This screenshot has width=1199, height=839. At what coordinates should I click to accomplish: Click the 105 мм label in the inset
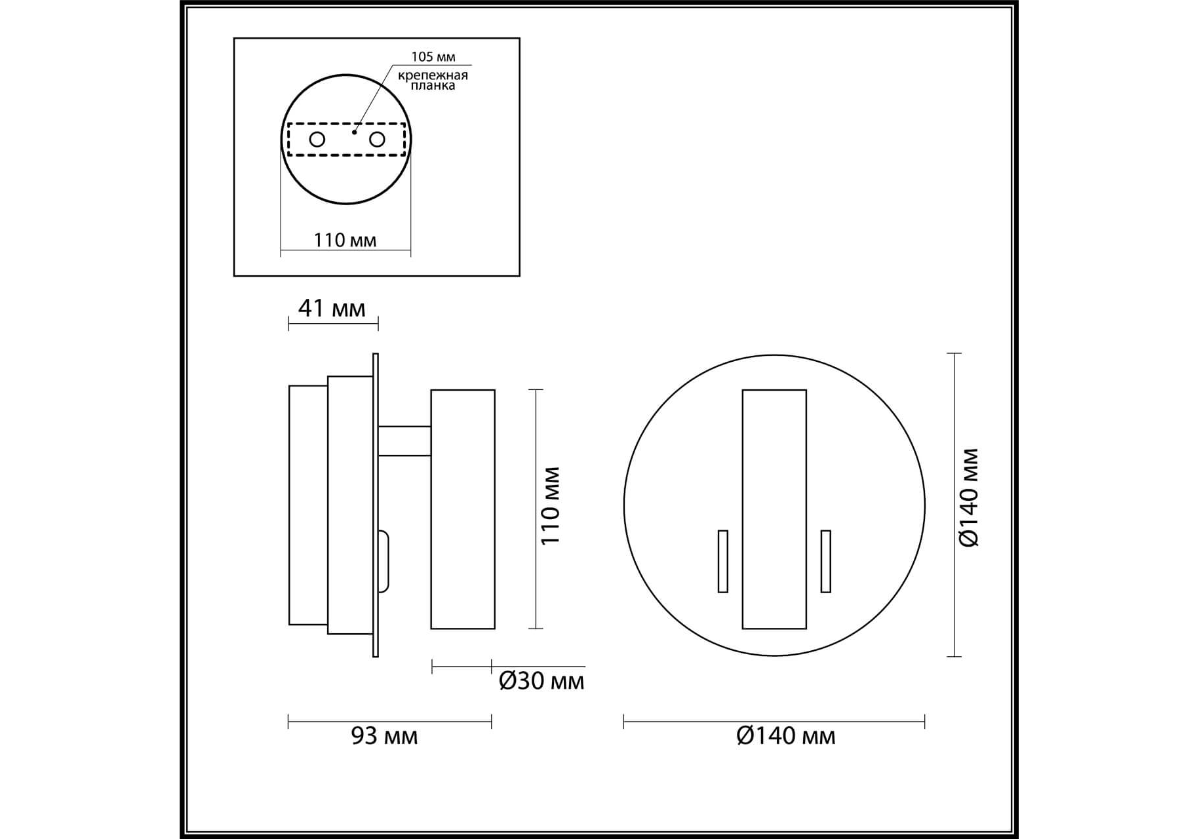[433, 57]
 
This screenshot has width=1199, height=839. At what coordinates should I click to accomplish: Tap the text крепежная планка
[433, 80]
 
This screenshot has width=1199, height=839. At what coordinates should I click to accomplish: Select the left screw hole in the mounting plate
[317, 140]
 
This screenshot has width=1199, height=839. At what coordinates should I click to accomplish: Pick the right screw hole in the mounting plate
[377, 140]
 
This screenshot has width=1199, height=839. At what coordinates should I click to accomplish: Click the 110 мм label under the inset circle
[345, 240]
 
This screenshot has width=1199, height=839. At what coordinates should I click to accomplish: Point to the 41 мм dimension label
[332, 308]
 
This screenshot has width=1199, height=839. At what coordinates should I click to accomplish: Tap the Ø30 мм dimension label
[541, 681]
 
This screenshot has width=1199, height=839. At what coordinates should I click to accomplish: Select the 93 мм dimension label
[384, 736]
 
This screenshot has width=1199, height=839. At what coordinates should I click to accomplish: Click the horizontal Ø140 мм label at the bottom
[786, 736]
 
